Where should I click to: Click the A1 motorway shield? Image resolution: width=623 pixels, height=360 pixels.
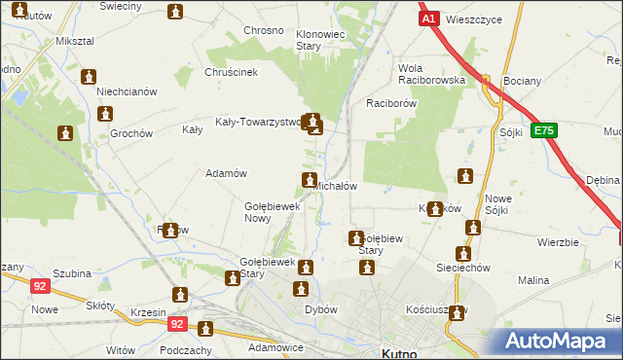[x=428, y=18]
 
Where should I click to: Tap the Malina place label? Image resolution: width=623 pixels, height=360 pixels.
[x=533, y=280]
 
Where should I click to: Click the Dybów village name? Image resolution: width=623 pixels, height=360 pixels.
[x=320, y=309]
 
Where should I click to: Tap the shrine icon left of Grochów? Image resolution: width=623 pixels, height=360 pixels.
[x=65, y=133]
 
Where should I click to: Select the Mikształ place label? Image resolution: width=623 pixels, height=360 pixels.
[x=75, y=43]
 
